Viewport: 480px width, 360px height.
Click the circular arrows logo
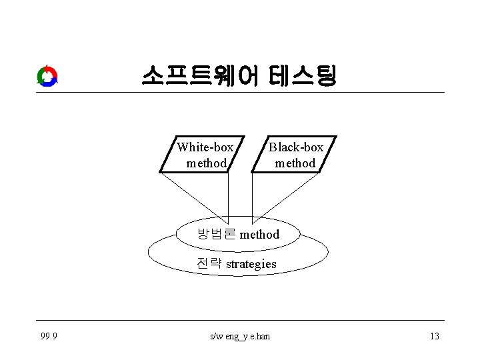tap(47, 76)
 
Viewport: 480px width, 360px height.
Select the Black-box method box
tap(294, 155)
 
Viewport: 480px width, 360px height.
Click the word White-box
tap(205, 147)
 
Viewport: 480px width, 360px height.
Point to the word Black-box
tap(296, 147)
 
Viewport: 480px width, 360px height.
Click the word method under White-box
tap(207, 163)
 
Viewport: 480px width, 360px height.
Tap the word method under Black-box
tap(295, 163)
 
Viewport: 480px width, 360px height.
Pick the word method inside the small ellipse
tap(259, 234)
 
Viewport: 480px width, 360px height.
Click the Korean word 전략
tap(209, 263)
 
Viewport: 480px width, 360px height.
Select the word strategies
tap(251, 264)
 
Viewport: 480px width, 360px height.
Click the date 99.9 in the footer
tap(48, 336)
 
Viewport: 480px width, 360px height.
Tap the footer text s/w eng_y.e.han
tap(240, 336)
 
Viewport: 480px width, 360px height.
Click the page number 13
tap(434, 336)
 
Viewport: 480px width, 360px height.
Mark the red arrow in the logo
tap(43, 71)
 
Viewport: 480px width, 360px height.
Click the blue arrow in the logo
tap(48, 83)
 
